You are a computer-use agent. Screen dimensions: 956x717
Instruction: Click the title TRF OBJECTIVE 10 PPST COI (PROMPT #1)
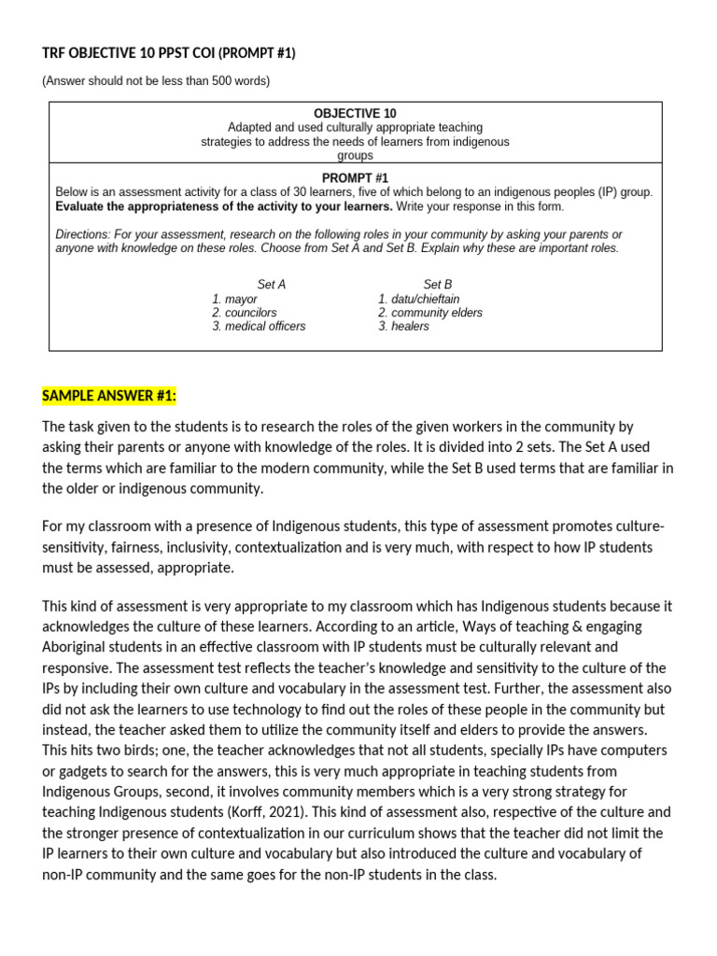point(168,53)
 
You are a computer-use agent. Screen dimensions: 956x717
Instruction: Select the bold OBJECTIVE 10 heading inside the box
point(355,113)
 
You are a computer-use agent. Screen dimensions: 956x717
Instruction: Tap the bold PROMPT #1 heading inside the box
point(355,177)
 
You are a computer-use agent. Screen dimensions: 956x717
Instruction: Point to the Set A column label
point(271,284)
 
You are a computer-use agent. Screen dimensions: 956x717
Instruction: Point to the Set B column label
point(437,284)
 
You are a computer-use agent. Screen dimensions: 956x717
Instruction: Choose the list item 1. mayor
point(234,299)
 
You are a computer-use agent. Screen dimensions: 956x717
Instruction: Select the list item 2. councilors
point(244,313)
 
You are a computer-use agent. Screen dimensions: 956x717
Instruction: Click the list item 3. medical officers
point(259,327)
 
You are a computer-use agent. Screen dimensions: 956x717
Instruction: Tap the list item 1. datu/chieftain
point(418,299)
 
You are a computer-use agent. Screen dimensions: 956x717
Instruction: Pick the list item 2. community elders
point(429,313)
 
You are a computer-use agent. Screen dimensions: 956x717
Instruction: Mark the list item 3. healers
point(403,327)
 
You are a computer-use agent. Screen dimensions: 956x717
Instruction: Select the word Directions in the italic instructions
point(81,234)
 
